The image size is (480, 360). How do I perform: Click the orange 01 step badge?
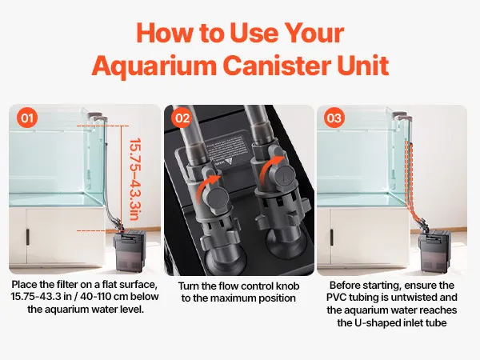[27, 118]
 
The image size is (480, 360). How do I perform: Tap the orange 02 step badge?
[182, 118]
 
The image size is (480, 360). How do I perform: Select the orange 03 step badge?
[334, 118]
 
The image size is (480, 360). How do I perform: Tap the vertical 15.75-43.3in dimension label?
[134, 179]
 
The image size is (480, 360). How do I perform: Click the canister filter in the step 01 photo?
[130, 250]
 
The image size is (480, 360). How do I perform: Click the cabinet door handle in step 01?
[27, 237]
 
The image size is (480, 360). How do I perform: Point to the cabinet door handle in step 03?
[332, 237]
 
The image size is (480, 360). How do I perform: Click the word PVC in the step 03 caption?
[337, 298]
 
